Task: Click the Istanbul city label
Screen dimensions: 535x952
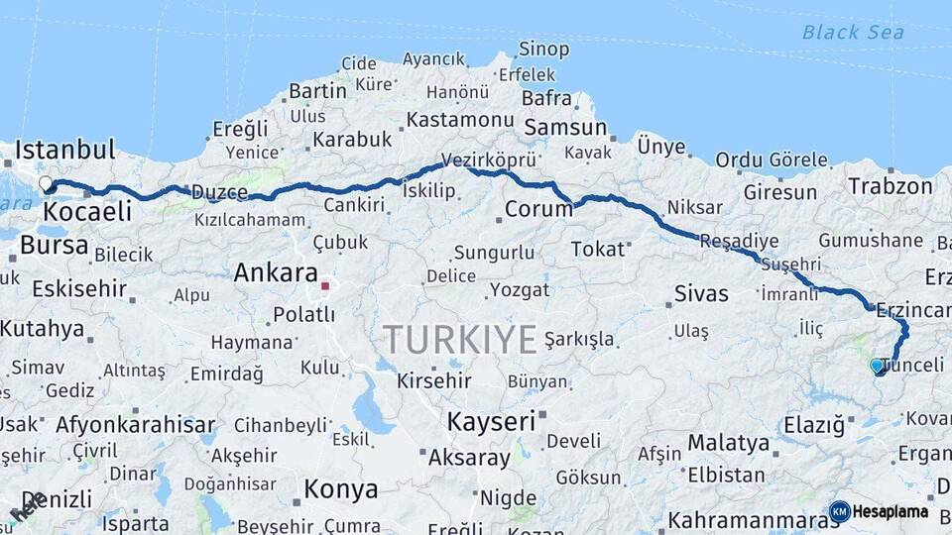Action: [65, 151]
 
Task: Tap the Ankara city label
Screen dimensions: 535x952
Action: [275, 273]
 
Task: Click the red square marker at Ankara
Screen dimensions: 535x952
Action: [324, 285]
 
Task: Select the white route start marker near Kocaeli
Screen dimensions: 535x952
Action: [46, 183]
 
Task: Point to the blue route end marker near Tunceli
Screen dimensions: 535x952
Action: [877, 366]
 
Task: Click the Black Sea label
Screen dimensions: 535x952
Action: [853, 33]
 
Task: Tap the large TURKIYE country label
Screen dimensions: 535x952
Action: [460, 340]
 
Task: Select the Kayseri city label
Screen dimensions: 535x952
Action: [491, 421]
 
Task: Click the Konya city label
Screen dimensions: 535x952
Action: [340, 489]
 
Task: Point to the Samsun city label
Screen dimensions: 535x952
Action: [565, 128]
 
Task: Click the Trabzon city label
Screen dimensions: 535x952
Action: [892, 185]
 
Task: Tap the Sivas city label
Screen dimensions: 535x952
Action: [701, 293]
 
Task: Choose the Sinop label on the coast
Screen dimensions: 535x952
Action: [544, 50]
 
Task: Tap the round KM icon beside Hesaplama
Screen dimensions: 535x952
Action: [839, 512]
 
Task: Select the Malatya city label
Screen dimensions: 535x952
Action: [728, 442]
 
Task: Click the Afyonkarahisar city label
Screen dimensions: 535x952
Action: [135, 426]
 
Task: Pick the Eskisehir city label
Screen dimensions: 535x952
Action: [79, 289]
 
